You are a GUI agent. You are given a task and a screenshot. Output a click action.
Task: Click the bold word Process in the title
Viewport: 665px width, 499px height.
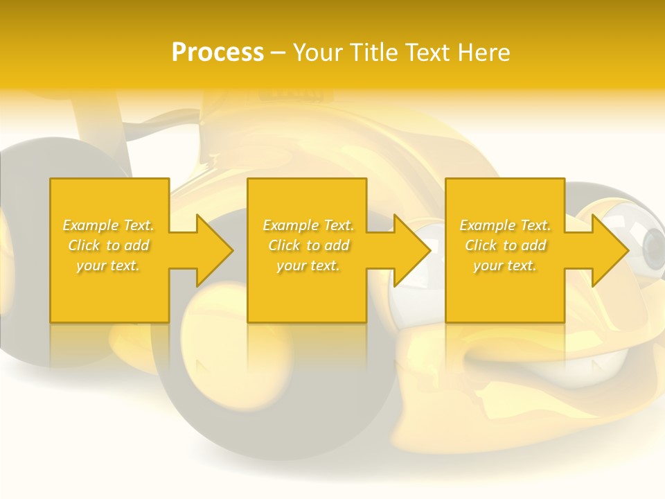pyautogui.click(x=218, y=53)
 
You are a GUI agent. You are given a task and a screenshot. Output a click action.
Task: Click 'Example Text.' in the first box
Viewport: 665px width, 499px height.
pyautogui.click(x=109, y=225)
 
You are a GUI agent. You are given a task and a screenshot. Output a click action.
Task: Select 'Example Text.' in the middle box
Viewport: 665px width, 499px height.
pyautogui.click(x=308, y=225)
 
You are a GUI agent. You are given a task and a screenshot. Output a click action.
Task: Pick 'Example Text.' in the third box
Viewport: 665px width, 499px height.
pyautogui.click(x=505, y=225)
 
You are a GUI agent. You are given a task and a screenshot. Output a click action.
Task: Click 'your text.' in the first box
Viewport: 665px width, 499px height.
pyautogui.click(x=109, y=265)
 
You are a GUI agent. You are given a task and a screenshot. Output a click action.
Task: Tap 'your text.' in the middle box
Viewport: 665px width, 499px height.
pyautogui.click(x=308, y=265)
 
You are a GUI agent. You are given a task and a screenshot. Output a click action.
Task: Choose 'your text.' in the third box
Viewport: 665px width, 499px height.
pyautogui.click(x=505, y=265)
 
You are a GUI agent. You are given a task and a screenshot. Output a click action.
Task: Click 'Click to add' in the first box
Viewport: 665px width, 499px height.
pyautogui.click(x=109, y=245)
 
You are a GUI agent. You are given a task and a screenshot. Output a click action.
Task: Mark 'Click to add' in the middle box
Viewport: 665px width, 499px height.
pyautogui.click(x=308, y=245)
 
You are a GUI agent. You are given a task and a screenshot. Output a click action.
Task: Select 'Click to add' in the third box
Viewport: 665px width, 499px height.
pyautogui.click(x=505, y=245)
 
